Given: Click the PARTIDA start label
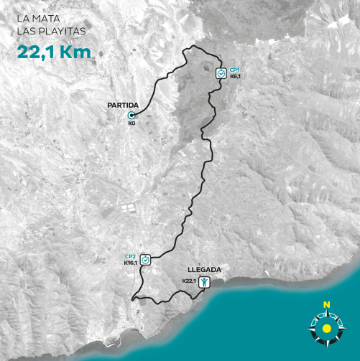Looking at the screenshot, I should (122, 106).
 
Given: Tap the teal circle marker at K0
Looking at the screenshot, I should (131, 115).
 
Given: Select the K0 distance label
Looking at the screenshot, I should (131, 123).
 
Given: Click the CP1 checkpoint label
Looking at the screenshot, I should (234, 69).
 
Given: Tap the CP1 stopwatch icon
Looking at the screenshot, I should (221, 73).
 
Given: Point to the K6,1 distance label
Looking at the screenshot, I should (235, 76).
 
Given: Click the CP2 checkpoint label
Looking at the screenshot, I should (130, 256).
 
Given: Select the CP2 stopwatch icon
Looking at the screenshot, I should (146, 260).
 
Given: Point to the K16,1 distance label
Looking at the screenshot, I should (130, 263).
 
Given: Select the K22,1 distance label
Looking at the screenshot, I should (189, 281).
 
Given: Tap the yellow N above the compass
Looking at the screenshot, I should (326, 305).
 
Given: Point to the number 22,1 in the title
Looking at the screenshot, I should (36, 51).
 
